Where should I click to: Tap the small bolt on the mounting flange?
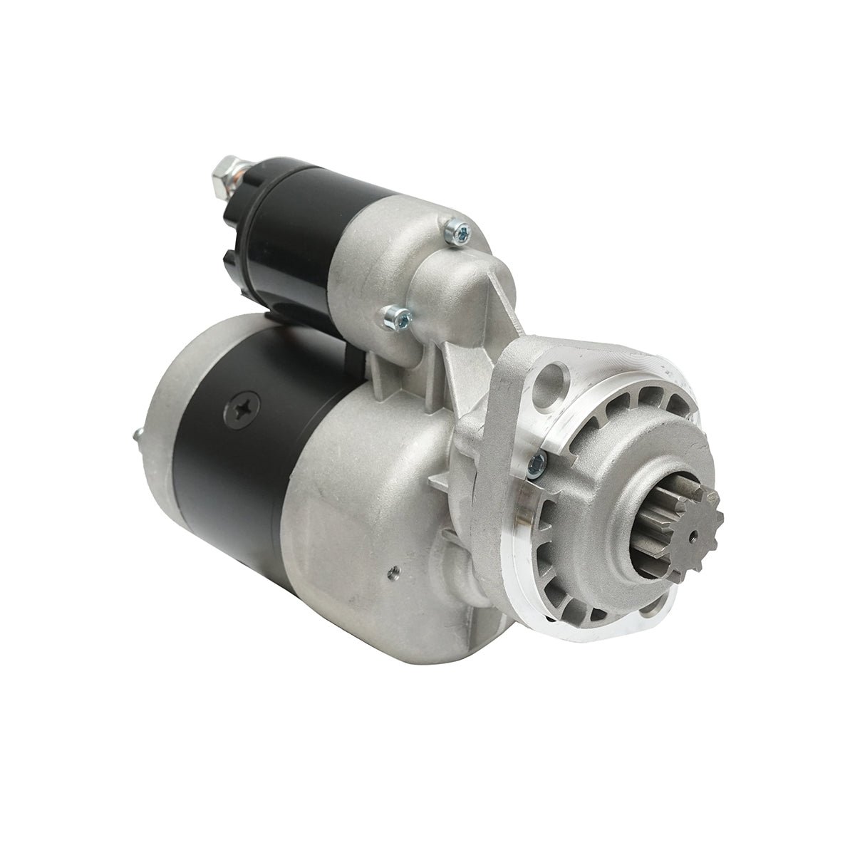537,463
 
